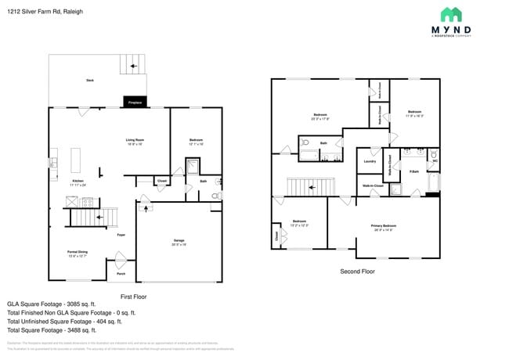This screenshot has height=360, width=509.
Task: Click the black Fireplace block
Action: click(x=135, y=102)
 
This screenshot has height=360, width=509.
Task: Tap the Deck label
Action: click(x=90, y=81)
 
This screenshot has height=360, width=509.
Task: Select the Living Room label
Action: click(x=135, y=141)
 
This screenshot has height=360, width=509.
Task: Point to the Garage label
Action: click(x=179, y=241)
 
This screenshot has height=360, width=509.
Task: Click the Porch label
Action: click(x=121, y=273)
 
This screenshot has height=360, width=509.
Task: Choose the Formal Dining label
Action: click(x=77, y=253)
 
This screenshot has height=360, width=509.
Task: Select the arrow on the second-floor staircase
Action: click(x=312, y=187)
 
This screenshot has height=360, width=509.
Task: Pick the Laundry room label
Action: click(x=370, y=162)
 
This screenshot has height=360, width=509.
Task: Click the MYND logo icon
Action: click(x=451, y=15)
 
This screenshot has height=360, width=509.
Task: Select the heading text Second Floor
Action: click(x=357, y=272)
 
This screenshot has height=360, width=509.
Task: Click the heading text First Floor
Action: click(x=133, y=297)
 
